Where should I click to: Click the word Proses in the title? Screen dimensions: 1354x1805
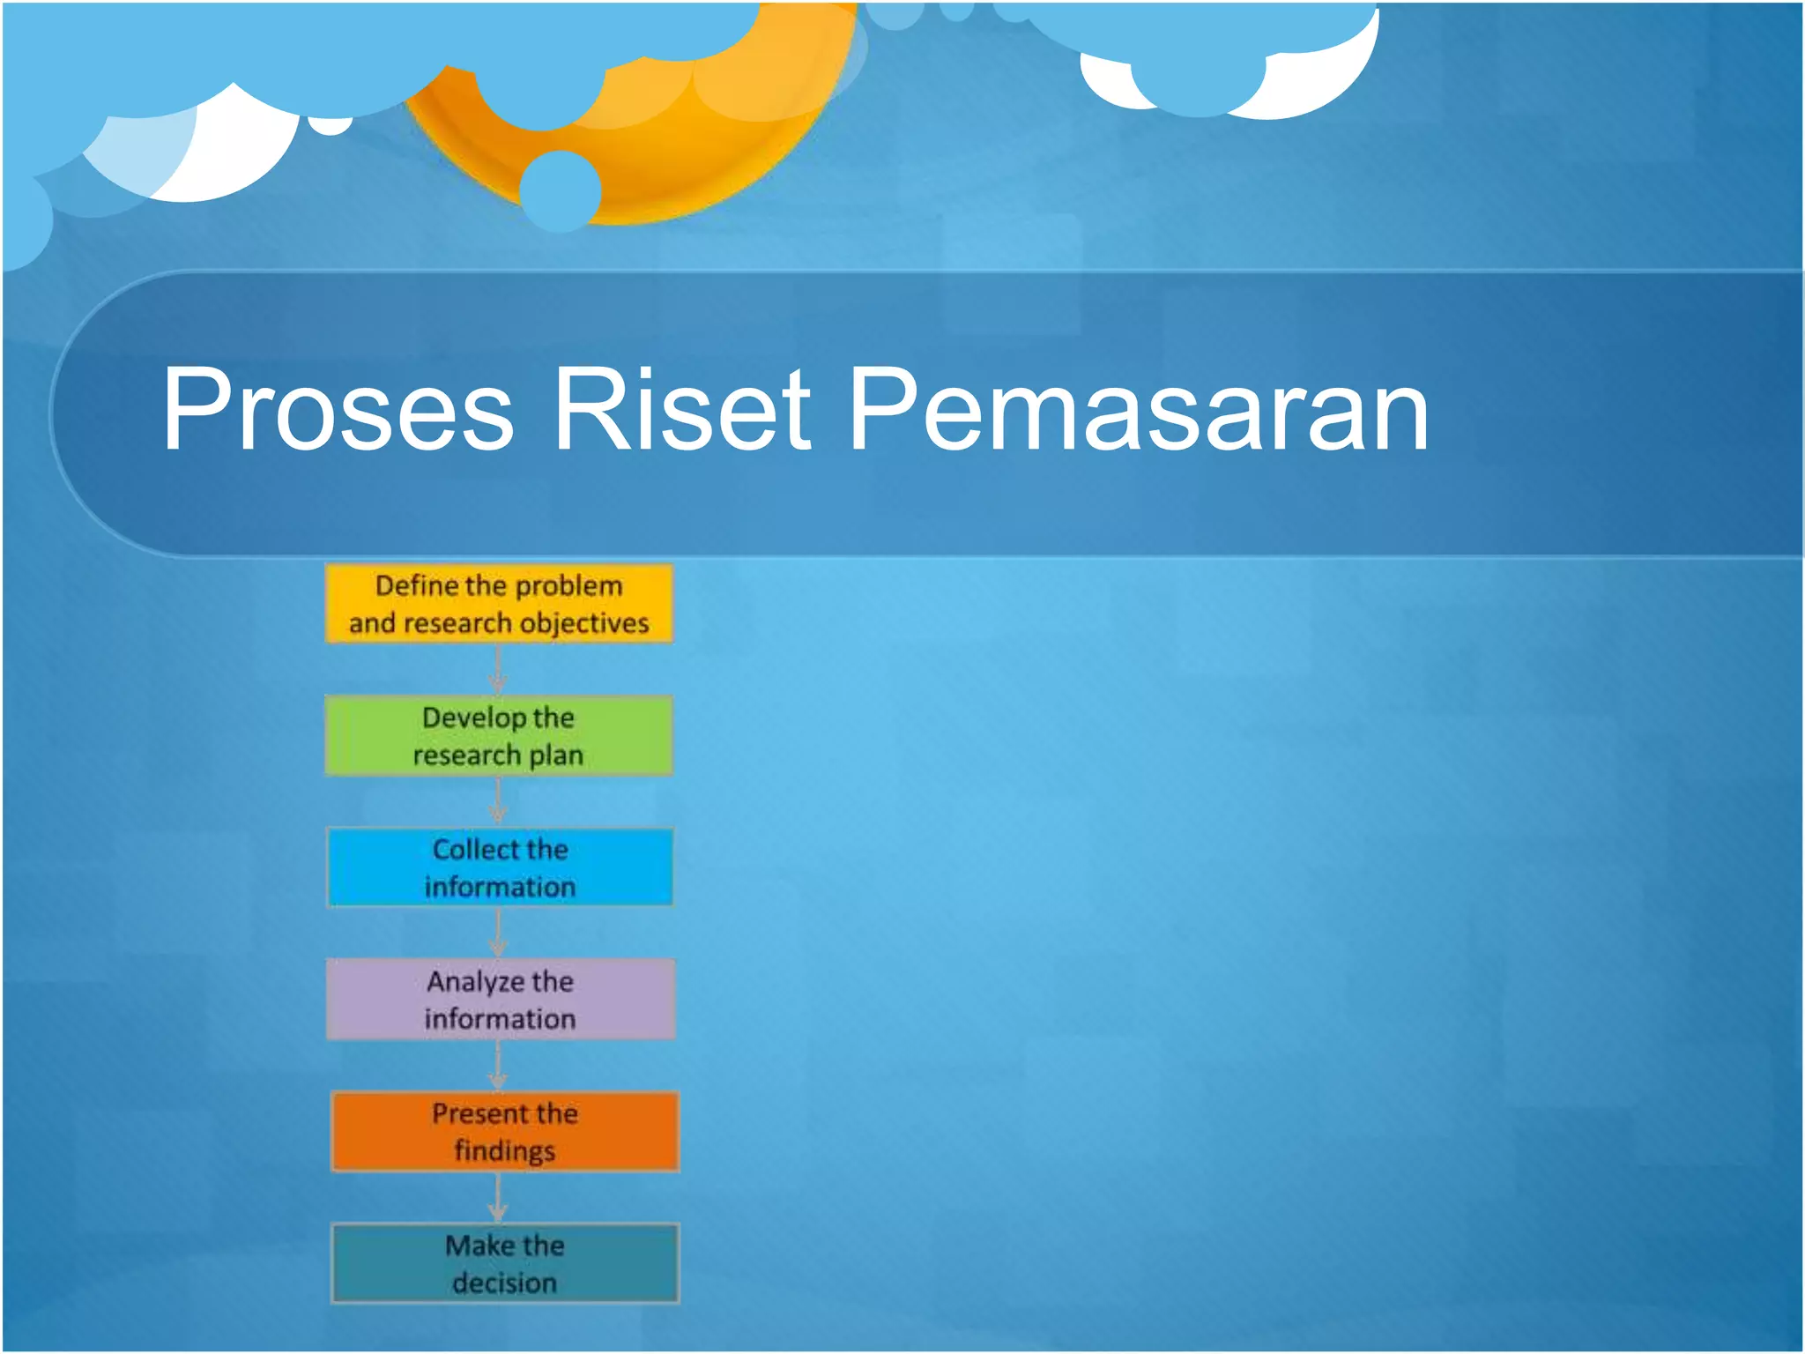[x=338, y=410]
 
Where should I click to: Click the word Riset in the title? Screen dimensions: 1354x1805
[x=680, y=410]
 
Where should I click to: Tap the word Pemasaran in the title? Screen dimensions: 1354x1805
[x=1137, y=410]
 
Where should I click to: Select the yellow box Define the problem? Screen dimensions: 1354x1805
[x=499, y=604]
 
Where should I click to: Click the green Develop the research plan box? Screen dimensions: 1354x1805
[x=499, y=736]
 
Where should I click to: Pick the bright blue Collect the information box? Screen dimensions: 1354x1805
[x=501, y=867]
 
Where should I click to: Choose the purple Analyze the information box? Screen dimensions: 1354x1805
[x=501, y=1000]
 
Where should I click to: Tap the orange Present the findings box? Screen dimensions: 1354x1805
[x=505, y=1132]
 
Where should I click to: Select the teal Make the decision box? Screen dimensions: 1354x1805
[x=505, y=1263]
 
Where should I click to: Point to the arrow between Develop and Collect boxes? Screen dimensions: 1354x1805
[x=498, y=801]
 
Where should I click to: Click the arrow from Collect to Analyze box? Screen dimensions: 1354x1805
[x=498, y=934]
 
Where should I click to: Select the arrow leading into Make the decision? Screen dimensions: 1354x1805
[x=498, y=1198]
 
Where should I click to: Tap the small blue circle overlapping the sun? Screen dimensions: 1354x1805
[x=561, y=190]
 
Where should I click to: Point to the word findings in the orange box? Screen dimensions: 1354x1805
[x=505, y=1151]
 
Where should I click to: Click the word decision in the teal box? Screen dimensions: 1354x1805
[x=505, y=1283]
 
